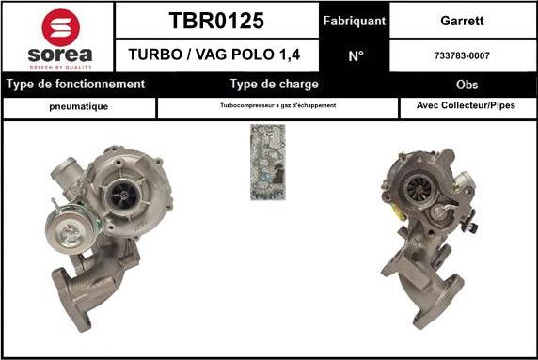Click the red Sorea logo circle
(x=61, y=27)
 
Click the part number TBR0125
(x=216, y=21)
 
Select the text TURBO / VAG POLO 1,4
(x=214, y=55)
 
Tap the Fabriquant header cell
(x=355, y=21)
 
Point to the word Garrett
(x=462, y=21)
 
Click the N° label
(x=356, y=56)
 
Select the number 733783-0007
(x=462, y=55)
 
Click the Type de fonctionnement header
(x=76, y=85)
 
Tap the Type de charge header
(x=275, y=85)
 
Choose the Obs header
(x=467, y=85)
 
